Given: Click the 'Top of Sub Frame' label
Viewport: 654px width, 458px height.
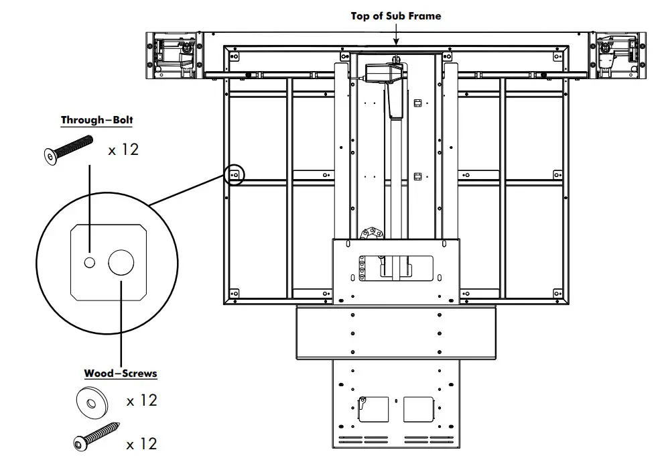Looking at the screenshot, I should click(395, 15).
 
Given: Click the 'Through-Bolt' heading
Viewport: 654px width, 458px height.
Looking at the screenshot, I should click(96, 121).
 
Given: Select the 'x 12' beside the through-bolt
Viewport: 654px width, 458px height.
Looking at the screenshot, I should click(123, 150).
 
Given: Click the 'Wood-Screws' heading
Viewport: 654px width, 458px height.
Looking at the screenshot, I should click(120, 374).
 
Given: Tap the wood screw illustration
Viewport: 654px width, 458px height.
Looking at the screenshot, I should click(96, 435).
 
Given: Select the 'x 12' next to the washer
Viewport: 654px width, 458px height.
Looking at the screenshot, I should click(142, 400).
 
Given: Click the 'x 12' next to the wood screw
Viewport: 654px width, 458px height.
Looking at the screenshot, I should click(142, 443).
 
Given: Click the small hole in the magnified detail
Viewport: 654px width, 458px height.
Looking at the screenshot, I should click(89, 262).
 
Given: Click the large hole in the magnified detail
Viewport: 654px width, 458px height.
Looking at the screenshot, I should click(121, 262).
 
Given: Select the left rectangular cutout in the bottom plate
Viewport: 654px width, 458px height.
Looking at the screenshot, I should click(373, 409).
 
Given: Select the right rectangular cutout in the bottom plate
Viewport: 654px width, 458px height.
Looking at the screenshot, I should click(419, 409).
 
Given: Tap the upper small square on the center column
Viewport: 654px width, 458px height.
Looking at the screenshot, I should click(418, 103).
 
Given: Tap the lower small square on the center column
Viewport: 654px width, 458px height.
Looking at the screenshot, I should click(418, 176).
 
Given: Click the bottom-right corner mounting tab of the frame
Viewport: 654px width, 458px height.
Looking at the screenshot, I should click(558, 293).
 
